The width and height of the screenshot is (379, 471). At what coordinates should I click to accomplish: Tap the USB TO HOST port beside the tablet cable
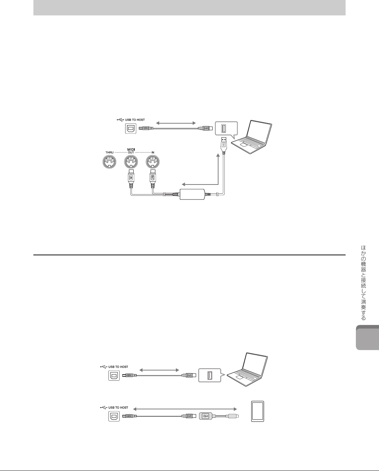(x=113, y=416)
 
